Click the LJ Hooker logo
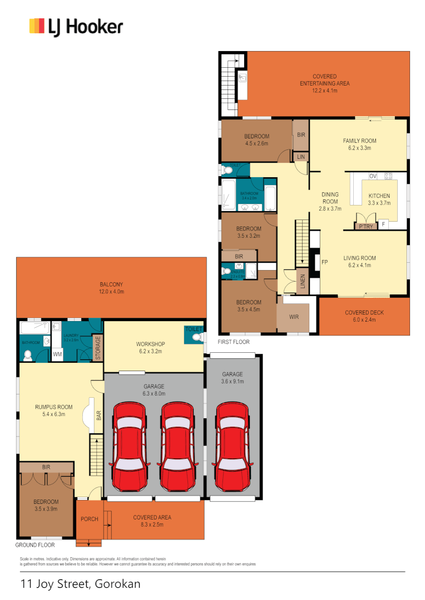(76, 27)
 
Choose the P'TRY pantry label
(365, 227)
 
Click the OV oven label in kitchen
(373, 176)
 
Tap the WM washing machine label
(57, 354)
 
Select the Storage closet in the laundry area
(98, 348)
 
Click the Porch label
(89, 519)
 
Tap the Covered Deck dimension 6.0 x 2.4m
(364, 319)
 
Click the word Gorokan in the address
(117, 584)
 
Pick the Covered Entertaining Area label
(325, 80)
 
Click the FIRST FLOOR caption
(234, 342)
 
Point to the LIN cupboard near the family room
(301, 157)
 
